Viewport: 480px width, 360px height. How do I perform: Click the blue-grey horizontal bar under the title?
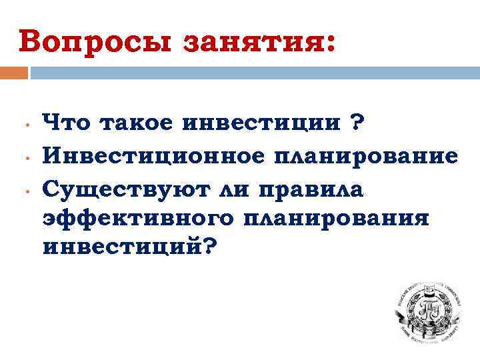(254, 73)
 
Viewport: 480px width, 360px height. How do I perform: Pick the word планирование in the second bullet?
(355, 157)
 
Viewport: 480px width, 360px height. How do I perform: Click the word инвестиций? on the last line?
(129, 248)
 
